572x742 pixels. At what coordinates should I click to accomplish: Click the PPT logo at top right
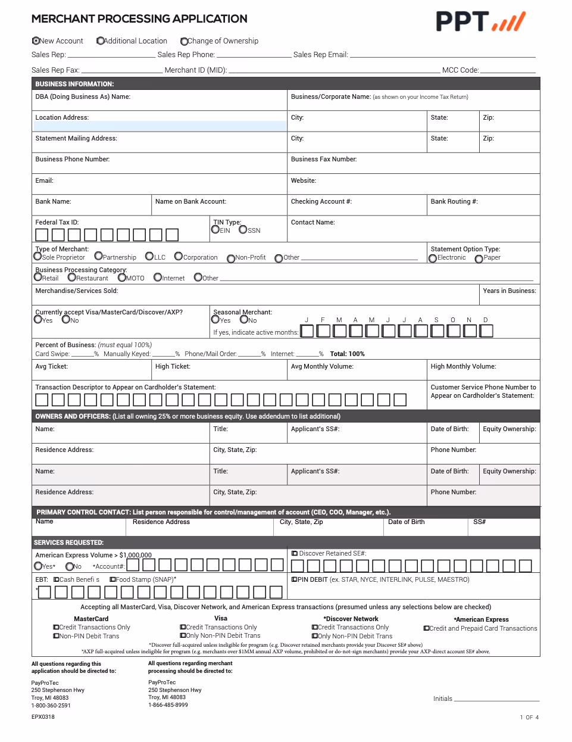click(x=480, y=21)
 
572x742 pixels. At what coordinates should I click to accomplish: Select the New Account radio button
click(x=36, y=41)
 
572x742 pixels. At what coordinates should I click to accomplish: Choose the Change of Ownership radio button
click(x=184, y=42)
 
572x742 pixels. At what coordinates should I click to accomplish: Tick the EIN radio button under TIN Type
click(x=215, y=230)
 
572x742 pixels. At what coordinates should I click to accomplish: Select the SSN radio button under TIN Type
click(x=243, y=230)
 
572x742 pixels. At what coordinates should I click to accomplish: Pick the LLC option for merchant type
click(x=149, y=257)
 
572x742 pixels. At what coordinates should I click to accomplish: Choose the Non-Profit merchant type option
click(x=231, y=258)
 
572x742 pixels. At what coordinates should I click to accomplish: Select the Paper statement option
click(x=479, y=258)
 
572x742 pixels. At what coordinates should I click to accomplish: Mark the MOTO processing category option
click(x=122, y=278)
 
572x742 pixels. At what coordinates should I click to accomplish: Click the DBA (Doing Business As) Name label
click(x=83, y=96)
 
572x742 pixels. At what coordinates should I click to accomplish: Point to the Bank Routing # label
click(x=454, y=201)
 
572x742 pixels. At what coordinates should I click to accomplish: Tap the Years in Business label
click(x=510, y=291)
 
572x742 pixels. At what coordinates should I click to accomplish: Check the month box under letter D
click(x=486, y=331)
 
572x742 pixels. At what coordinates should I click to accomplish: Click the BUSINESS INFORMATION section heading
click(x=74, y=84)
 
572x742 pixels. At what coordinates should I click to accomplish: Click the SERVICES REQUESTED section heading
click(x=68, y=543)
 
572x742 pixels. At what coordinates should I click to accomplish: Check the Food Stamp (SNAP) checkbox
click(x=112, y=579)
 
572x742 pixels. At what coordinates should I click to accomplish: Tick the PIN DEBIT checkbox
click(x=294, y=579)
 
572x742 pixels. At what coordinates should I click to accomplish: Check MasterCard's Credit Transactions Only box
click(x=56, y=627)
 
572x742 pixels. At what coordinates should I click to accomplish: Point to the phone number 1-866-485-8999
click(x=168, y=705)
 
